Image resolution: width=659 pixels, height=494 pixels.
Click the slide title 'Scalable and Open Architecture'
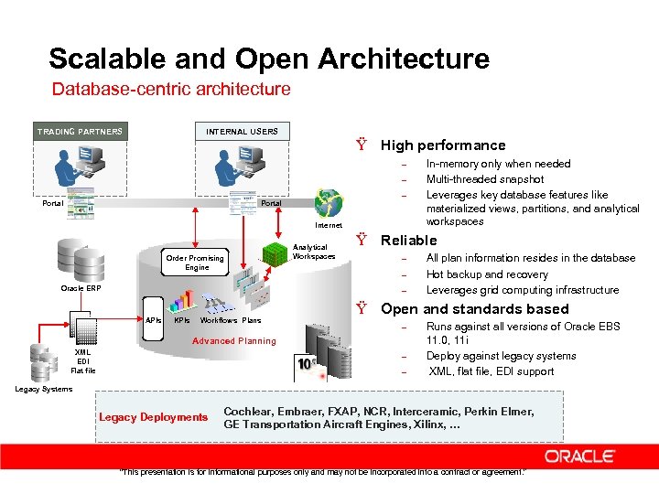coord(269,59)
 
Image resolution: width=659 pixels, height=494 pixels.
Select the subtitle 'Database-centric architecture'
coord(171,90)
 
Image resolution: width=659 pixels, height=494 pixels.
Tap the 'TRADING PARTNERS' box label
coord(80,132)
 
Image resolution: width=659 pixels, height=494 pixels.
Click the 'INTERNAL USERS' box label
coord(242,132)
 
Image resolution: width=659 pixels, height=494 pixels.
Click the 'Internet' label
coord(328,225)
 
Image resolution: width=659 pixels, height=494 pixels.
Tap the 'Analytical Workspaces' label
coord(310,252)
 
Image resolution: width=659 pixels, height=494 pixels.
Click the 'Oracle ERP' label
coord(81,288)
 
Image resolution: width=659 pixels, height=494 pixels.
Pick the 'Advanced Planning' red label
coord(233,341)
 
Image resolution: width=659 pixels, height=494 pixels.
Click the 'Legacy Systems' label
coord(44,389)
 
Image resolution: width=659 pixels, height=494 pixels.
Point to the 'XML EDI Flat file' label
coord(82,361)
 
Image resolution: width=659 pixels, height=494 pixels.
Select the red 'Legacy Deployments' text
coord(154,418)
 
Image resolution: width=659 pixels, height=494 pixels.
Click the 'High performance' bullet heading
coord(443,145)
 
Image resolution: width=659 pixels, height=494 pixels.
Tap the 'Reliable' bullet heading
coord(409,241)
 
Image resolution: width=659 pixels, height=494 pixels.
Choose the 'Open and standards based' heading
coord(474,309)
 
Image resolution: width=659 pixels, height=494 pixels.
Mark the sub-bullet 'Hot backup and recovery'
coord(487,274)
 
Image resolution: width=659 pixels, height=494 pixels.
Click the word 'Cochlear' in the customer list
coord(248,412)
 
